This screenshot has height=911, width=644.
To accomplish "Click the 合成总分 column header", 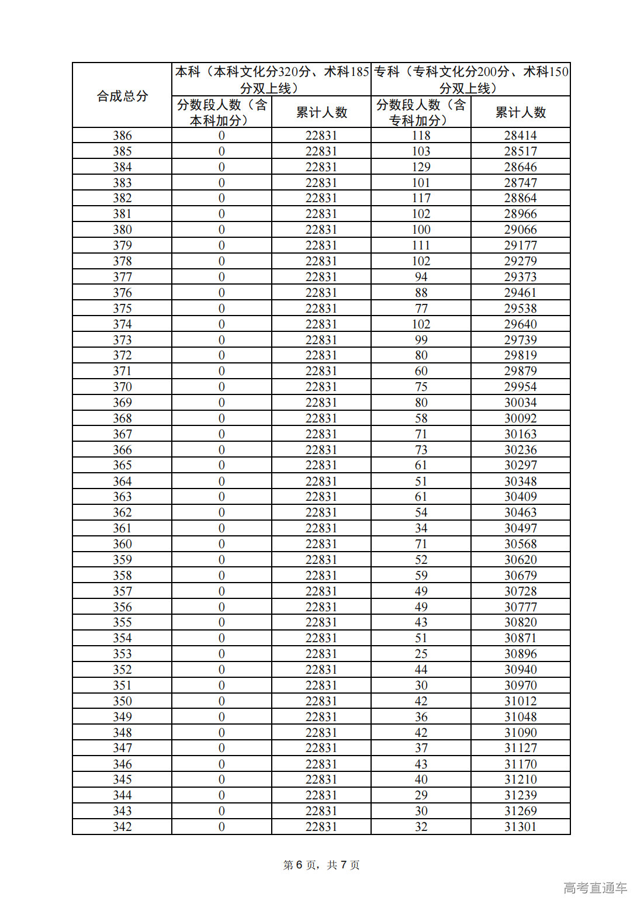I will [122, 96].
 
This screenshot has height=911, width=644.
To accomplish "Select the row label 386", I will [122, 136].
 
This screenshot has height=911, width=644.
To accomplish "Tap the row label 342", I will [122, 827].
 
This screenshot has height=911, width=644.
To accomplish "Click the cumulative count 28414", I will [520, 136].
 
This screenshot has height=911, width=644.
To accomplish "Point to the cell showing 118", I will [421, 136].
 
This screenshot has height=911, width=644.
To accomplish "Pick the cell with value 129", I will [421, 167].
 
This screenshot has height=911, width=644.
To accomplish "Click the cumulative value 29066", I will [520, 230].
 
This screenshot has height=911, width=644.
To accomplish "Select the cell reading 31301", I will [520, 827].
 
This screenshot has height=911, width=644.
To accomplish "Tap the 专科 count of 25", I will [421, 654].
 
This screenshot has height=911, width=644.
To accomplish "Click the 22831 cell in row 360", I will [321, 544].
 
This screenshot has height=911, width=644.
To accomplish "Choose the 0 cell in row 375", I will [221, 309].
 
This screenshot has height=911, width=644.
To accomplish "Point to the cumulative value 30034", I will [520, 403].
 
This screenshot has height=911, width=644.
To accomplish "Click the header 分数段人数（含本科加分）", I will [221, 112].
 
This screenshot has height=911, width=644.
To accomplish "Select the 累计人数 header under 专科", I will [520, 112].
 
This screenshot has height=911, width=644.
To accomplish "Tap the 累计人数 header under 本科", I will [321, 112].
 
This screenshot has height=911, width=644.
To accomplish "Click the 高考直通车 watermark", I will [595, 888].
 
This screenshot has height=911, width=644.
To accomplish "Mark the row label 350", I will [122, 701].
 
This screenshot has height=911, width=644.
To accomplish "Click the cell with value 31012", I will [520, 701].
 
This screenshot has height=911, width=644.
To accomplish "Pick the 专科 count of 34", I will [421, 528].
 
